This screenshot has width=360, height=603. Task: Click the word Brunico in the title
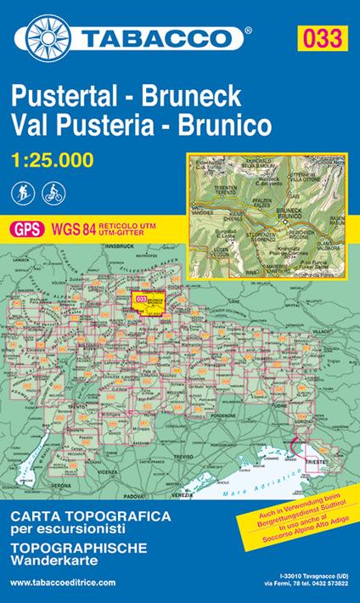(223, 124)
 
